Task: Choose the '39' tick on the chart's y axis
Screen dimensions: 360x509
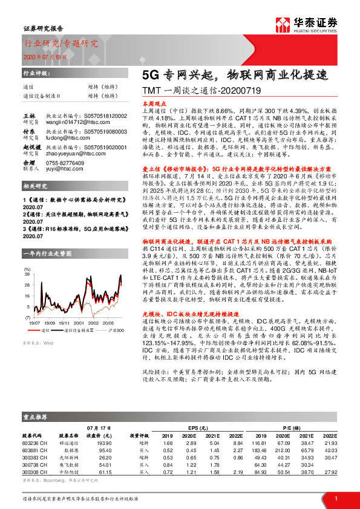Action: [x=27, y=274]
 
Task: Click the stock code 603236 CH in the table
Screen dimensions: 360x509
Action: [x=34, y=443]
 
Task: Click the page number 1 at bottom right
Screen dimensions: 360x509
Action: [x=335, y=498]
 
